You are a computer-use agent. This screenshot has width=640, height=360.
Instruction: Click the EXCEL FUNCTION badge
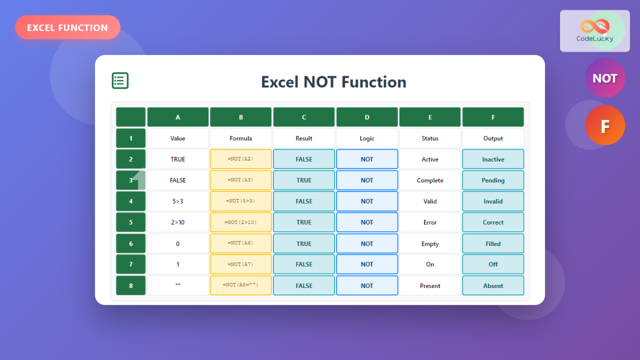coord(68,27)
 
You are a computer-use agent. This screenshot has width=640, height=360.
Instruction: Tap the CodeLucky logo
coord(595,31)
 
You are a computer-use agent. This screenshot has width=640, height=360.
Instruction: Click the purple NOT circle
coord(605,78)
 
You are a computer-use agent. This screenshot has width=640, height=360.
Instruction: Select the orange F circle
coord(605,125)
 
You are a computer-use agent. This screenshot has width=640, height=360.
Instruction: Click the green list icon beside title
coord(120,81)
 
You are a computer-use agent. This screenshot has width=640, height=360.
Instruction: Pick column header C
coord(304,117)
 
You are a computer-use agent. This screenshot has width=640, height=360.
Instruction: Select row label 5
coord(131,222)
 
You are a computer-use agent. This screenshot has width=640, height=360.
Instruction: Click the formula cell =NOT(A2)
coord(241,159)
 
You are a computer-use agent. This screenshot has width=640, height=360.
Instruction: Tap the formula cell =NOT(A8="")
coord(241,285)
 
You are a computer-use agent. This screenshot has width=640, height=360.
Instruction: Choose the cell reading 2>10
coord(178,222)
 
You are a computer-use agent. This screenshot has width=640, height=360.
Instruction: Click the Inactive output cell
coord(493,159)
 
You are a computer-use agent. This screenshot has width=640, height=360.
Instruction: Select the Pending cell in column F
coord(493,180)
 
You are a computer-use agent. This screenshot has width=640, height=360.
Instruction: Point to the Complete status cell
coord(430,180)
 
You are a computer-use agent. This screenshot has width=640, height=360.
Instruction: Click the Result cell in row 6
coord(304,244)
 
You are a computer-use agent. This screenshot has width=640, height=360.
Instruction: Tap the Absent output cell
coord(493,285)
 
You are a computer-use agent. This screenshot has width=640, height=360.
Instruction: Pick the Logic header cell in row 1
coord(367,138)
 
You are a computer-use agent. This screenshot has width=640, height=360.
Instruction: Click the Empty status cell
coord(430,244)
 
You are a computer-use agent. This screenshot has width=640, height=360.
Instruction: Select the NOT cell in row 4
coord(367,201)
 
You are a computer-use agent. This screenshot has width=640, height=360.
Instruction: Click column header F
coord(493,117)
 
